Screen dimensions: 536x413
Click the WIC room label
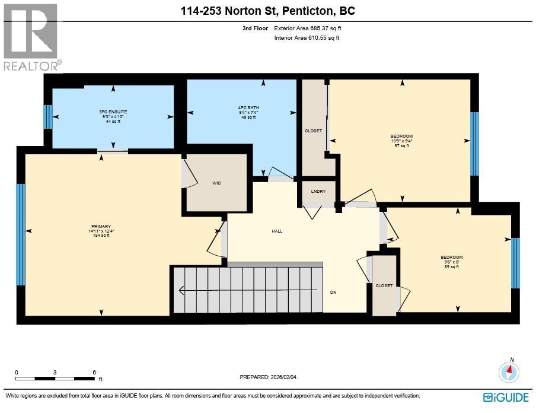click(216, 183)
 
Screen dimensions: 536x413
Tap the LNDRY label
click(318, 191)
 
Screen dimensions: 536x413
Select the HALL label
click(277, 231)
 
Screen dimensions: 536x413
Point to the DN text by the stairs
click(333, 292)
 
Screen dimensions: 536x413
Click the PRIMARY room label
click(101, 226)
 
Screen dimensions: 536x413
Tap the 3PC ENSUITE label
click(113, 112)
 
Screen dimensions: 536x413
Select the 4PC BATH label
click(248, 108)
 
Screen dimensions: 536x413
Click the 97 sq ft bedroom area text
click(401, 146)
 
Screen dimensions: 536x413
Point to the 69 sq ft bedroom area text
click(452, 267)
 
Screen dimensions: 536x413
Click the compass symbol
click(509, 371)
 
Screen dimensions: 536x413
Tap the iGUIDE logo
click(506, 397)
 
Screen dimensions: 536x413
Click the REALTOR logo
click(32, 37)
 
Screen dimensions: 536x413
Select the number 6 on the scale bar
click(94, 372)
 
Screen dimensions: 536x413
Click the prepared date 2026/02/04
click(283, 377)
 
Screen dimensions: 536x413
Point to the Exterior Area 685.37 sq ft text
click(308, 28)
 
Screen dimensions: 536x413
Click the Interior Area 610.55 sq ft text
click(307, 38)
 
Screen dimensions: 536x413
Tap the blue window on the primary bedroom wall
click(21, 234)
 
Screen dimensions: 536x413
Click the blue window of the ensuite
click(48, 117)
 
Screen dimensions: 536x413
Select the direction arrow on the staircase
click(248, 290)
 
